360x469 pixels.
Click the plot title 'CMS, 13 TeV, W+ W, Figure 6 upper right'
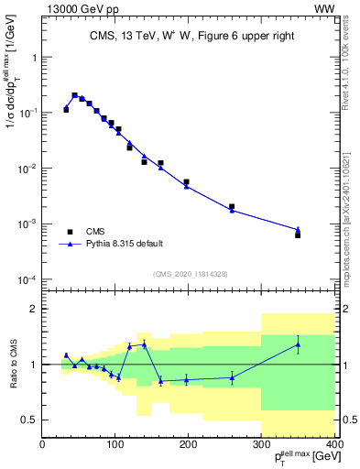click(189, 36)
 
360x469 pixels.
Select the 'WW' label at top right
click(323, 8)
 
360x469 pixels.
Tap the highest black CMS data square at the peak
click(74, 95)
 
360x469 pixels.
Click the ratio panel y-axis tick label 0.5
click(27, 420)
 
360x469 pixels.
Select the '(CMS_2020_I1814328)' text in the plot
click(189, 273)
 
